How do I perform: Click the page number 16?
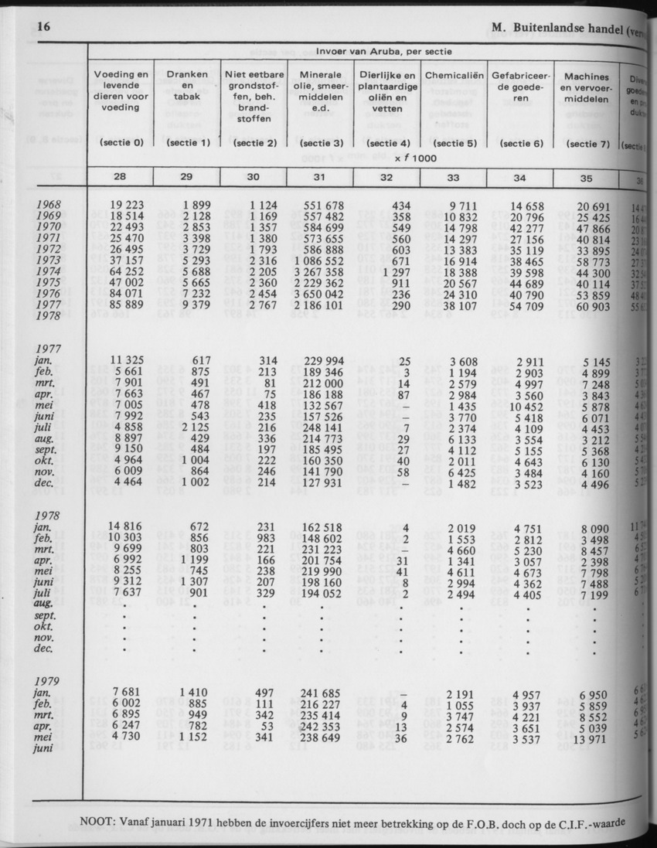point(43,27)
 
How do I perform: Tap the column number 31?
point(320,178)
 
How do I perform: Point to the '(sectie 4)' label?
point(387,143)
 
